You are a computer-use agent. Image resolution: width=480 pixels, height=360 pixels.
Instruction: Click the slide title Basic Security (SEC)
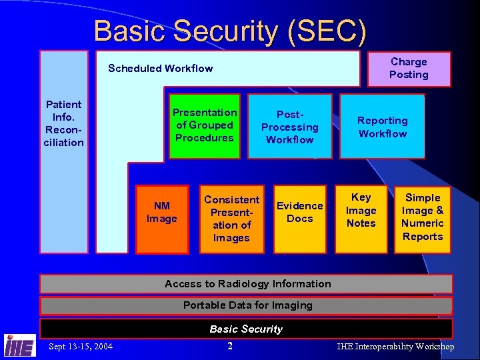(230, 31)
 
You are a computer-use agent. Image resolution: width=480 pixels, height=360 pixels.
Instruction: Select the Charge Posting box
(409, 69)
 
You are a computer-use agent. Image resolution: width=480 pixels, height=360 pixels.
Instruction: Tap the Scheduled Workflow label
(161, 68)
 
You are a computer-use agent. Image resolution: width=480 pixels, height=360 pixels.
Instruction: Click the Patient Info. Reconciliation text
(64, 123)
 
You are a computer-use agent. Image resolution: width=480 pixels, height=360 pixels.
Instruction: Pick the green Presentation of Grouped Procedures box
(204, 125)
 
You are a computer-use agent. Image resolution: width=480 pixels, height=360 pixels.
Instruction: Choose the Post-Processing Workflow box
(289, 127)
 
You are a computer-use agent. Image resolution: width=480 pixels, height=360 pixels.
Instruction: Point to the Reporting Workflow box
(382, 127)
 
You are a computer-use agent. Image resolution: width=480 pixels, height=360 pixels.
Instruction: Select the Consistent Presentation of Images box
(231, 219)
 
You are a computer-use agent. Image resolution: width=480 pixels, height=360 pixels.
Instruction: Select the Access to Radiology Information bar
(247, 284)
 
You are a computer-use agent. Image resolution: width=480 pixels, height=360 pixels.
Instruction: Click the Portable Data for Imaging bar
(247, 306)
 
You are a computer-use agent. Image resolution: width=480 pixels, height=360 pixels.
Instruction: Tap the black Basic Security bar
(246, 329)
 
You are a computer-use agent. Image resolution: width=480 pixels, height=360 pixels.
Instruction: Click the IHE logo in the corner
(20, 345)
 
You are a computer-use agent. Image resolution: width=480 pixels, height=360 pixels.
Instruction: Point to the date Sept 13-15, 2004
(81, 346)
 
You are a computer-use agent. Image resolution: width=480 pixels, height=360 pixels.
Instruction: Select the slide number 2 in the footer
(229, 346)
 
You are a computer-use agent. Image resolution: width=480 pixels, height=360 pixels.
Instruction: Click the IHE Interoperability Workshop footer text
(395, 347)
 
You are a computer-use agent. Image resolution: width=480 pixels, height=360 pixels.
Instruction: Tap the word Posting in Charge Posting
(409, 75)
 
